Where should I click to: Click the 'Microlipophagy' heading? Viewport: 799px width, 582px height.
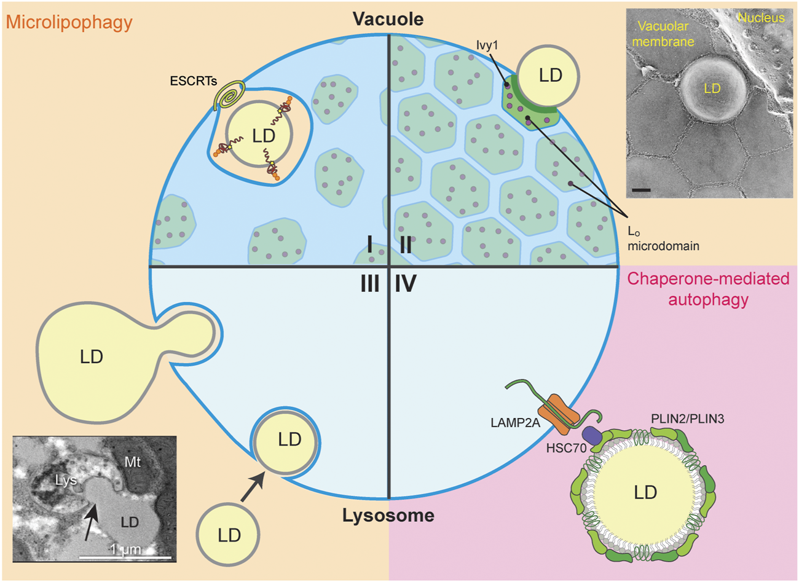coord(69,23)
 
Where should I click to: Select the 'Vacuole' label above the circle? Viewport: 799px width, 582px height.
coord(388,19)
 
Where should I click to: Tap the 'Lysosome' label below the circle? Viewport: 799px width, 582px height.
coord(388,515)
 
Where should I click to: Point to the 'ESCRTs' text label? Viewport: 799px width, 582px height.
coord(194,81)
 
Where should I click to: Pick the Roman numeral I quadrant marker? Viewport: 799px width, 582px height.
coord(369,245)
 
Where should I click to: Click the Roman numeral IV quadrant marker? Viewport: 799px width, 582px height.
coord(406,284)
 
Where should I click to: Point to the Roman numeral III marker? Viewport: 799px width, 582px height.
coord(369,284)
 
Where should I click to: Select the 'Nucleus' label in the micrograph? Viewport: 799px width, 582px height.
coord(761,18)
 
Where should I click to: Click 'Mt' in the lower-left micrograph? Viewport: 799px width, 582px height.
coord(133,462)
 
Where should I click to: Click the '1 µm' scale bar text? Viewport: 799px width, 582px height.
coord(125,548)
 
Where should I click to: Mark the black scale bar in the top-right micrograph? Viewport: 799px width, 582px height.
coord(641,190)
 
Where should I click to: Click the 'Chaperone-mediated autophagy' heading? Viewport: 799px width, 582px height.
coord(708,289)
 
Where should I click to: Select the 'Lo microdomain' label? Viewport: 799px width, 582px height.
coord(663,238)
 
